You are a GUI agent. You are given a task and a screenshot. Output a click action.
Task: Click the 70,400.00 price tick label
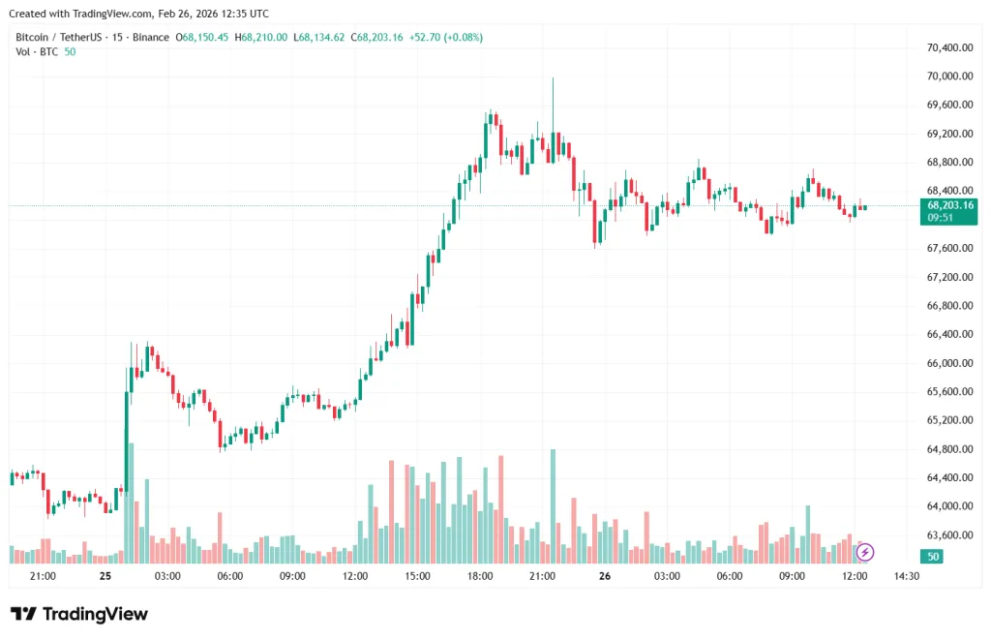[x=949, y=47]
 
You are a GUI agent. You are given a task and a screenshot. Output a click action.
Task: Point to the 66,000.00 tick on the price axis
[x=949, y=363]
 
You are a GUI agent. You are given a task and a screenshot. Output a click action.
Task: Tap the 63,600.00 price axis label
[x=949, y=535]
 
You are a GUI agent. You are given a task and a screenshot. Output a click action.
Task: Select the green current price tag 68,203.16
[x=949, y=205]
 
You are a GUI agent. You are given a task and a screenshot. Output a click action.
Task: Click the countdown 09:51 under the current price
[x=941, y=218]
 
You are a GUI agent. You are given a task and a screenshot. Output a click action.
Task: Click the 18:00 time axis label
[x=480, y=576]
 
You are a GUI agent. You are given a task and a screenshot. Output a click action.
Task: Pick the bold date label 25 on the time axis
[x=105, y=576]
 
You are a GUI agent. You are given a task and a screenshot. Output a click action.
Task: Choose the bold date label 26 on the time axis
[x=605, y=576]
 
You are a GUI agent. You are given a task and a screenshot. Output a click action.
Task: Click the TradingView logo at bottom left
[x=79, y=614]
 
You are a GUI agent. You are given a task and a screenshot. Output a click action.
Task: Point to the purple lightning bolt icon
[x=865, y=552]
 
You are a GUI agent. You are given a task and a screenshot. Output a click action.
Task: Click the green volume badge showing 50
[x=934, y=557]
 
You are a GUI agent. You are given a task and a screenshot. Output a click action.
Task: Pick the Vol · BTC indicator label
[x=36, y=51]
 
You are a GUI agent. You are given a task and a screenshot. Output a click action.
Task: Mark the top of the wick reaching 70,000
[x=553, y=78]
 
